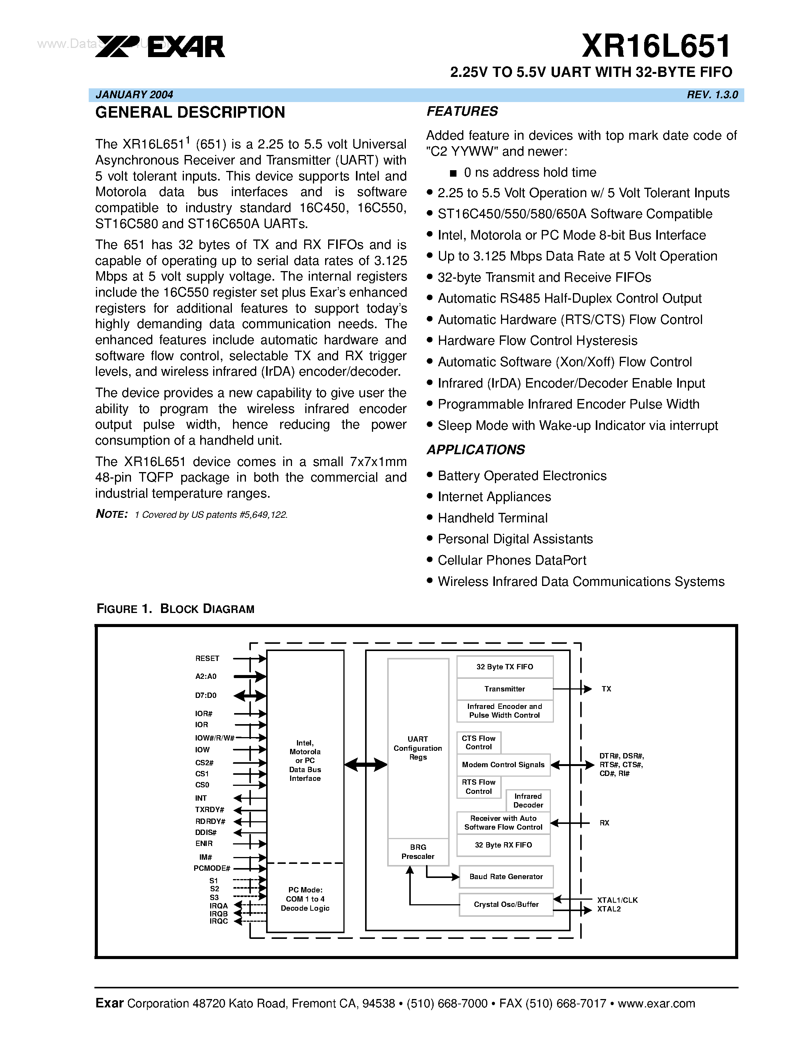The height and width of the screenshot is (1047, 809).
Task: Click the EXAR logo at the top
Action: tap(160, 46)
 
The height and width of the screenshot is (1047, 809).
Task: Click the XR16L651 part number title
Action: tap(656, 46)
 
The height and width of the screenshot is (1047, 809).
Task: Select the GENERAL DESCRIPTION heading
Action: tap(190, 113)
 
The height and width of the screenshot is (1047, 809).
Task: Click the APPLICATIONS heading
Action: tap(476, 450)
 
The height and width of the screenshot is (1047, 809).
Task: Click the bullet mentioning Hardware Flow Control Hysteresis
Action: tap(537, 341)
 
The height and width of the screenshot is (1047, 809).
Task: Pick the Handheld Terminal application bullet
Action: tap(492, 518)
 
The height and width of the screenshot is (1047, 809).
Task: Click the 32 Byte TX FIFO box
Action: tap(505, 667)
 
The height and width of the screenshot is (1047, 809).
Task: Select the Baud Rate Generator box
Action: tap(506, 876)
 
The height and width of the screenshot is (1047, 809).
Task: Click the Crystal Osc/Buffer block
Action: tap(506, 904)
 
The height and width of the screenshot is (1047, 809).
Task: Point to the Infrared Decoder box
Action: tap(528, 801)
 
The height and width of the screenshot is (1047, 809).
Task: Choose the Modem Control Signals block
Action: tap(503, 765)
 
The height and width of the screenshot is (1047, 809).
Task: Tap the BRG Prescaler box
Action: tap(418, 852)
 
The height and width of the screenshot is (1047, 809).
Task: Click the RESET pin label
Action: tap(207, 659)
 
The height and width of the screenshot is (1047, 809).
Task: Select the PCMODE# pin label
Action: tap(212, 868)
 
